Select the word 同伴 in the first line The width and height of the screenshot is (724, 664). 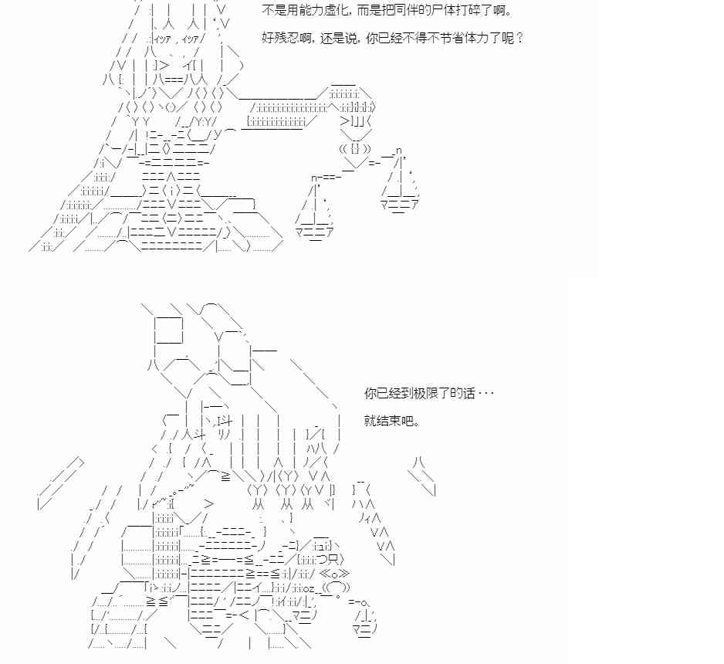418,12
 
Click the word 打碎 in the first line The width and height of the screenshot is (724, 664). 479,12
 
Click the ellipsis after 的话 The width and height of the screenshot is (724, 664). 485,394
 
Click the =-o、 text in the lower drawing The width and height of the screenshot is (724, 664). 360,601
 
